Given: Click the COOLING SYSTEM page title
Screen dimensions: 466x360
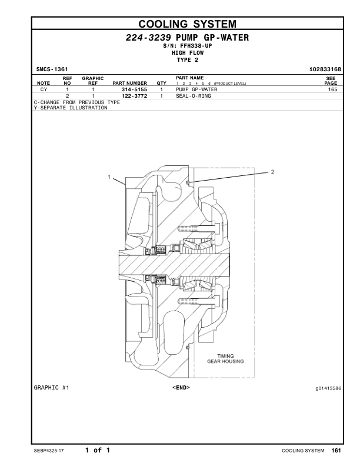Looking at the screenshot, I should [187, 24].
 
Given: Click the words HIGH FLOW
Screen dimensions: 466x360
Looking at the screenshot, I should [187, 52].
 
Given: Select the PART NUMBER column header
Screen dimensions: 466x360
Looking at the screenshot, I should [129, 83].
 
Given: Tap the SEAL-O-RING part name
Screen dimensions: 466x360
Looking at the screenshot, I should [194, 95].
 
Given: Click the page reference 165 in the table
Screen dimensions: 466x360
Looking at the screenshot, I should [332, 89].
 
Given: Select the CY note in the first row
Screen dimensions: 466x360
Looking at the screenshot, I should [44, 89].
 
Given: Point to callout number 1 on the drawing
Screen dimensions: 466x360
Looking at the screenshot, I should [109, 177].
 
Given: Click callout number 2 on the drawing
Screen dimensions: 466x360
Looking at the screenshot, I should [272, 172].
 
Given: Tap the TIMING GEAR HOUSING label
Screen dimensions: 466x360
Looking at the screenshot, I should [226, 358].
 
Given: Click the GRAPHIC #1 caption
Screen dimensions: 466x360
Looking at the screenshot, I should [52, 388].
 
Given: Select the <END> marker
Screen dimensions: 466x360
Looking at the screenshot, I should [181, 388].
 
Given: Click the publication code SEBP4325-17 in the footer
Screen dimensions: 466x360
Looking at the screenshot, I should [51, 451].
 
